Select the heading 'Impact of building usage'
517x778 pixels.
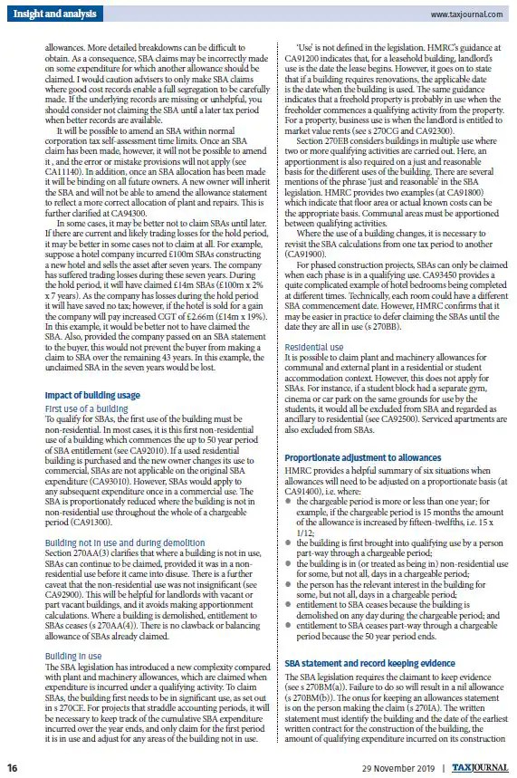92,396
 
